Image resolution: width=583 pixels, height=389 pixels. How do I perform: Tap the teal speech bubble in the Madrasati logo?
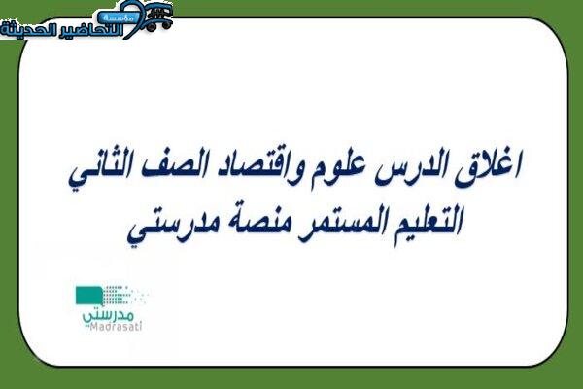pos(89,296)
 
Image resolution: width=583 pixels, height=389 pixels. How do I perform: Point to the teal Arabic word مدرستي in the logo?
pos(108,315)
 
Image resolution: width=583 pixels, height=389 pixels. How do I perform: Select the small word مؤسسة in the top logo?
pos(118,18)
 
